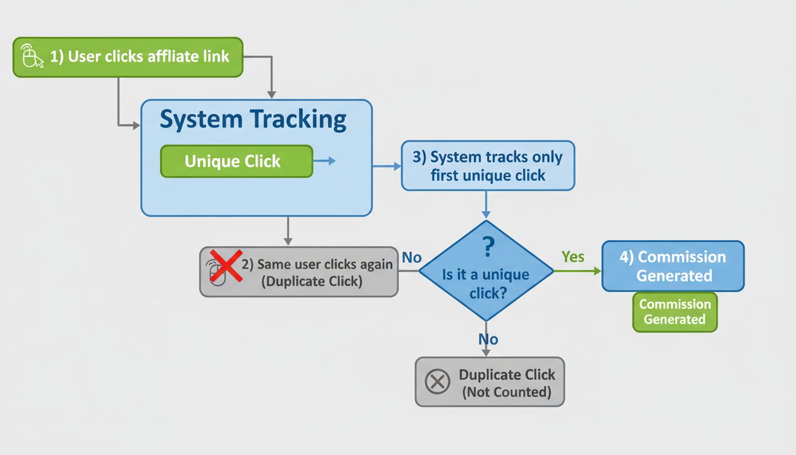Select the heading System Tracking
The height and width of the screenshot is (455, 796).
point(253,120)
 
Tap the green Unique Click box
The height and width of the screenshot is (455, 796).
point(236,161)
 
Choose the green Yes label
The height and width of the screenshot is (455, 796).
point(573,257)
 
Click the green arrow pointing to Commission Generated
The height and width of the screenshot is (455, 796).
point(577,271)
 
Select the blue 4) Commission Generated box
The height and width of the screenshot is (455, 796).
point(673,266)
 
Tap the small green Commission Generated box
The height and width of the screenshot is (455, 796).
point(675,312)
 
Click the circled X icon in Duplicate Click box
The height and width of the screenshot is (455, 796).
point(438,382)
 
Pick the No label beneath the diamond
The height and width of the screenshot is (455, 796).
point(488,339)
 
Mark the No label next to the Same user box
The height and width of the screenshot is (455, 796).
point(412,258)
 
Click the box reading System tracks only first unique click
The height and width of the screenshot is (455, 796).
point(487,166)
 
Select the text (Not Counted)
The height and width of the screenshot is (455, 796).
point(506,392)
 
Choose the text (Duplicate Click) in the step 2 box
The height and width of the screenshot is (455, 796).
point(312,281)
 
